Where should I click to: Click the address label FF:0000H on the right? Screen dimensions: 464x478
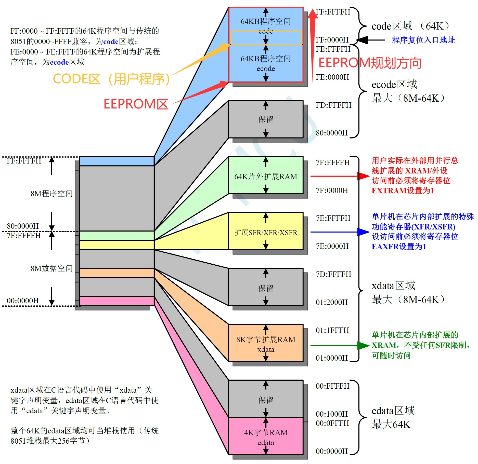[x=332, y=40]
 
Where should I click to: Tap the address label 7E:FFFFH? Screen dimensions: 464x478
[x=333, y=218]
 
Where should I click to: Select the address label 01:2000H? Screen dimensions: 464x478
[x=332, y=302]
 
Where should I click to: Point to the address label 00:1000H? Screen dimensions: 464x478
[x=332, y=414]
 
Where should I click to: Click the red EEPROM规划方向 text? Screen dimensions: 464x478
[x=370, y=63]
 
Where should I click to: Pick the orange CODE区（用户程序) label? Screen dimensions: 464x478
[x=111, y=79]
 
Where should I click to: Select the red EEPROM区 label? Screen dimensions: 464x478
[x=136, y=104]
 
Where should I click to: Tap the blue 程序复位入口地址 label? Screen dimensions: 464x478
[x=423, y=40]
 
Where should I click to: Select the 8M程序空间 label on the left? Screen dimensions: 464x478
[x=51, y=194]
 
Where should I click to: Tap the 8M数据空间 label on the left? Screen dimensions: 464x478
[x=51, y=268]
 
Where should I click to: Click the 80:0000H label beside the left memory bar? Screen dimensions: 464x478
[x=23, y=226]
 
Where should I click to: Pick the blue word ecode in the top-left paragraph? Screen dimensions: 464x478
[x=59, y=62]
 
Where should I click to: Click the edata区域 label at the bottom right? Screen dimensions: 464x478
[x=393, y=411]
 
